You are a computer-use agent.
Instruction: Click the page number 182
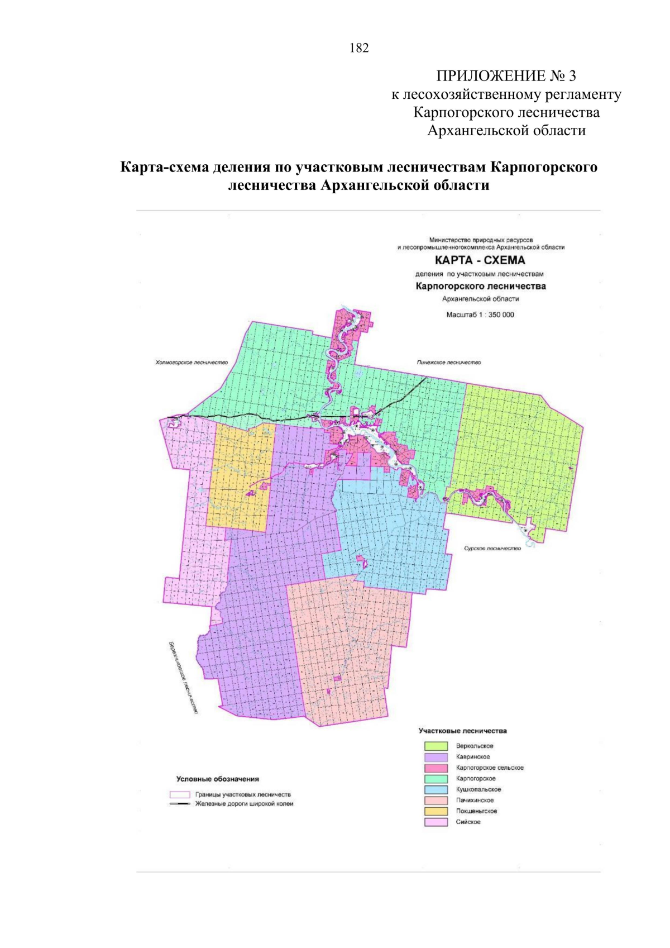359,48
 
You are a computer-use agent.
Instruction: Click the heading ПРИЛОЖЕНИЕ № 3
506,76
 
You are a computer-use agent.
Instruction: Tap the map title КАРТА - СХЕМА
480,260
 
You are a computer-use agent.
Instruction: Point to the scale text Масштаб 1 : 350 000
480,315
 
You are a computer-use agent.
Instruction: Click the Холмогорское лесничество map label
192,363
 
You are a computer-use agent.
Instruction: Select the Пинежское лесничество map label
448,363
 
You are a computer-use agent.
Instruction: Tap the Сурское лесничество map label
492,549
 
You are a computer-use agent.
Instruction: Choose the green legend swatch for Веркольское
435,746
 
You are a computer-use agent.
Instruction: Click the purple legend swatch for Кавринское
435,757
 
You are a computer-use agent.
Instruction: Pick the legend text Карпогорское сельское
490,768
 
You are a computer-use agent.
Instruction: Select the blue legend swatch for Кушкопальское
435,789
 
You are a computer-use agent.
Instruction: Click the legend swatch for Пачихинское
435,801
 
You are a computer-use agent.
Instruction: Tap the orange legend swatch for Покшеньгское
435,811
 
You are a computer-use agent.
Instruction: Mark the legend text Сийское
468,822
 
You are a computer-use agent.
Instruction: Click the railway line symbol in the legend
180,804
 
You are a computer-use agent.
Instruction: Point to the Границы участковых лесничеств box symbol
180,794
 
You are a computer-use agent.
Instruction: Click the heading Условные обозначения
217,779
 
